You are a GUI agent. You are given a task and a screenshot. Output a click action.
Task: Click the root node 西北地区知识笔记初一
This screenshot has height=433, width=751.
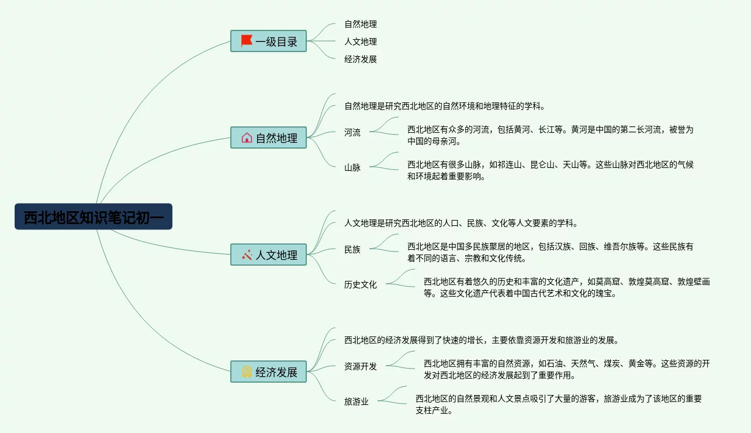click(94, 216)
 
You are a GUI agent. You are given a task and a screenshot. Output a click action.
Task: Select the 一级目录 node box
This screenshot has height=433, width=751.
click(269, 42)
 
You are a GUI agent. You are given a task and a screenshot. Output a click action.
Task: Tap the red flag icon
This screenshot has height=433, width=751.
click(247, 41)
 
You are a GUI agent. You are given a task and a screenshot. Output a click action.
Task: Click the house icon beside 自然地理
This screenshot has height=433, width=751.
click(247, 138)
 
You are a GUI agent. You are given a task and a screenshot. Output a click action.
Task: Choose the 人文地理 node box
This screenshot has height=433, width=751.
click(269, 255)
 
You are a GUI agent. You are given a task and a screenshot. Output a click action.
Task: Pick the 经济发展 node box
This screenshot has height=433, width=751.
click(269, 372)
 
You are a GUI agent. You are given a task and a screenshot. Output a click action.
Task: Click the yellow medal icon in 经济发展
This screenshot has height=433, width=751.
click(247, 372)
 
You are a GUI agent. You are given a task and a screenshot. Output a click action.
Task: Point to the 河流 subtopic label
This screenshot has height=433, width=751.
click(352, 132)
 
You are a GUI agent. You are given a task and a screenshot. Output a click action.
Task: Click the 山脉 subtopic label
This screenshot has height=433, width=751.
click(352, 167)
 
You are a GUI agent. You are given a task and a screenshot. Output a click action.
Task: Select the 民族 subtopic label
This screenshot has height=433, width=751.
click(352, 249)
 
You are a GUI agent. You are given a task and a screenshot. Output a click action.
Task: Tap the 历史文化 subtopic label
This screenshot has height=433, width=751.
click(361, 284)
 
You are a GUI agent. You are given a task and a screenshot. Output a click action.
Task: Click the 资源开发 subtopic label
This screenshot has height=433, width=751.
click(361, 366)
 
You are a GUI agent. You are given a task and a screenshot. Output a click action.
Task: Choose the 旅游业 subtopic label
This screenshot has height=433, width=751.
click(357, 401)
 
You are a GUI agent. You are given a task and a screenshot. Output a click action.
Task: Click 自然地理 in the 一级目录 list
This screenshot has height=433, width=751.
click(361, 24)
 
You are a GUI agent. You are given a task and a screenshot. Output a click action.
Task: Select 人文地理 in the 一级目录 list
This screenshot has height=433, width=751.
click(361, 42)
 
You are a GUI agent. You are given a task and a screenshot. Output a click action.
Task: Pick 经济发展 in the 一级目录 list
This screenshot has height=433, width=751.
click(361, 59)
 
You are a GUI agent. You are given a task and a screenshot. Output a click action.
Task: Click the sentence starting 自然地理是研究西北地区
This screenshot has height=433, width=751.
click(445, 106)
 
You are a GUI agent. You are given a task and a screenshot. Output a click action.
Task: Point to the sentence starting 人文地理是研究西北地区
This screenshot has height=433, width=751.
click(461, 223)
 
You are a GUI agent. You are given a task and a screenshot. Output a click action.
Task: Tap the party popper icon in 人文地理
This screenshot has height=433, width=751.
click(247, 255)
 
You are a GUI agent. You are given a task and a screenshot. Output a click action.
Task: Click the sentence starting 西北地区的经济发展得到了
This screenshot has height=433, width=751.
click(482, 340)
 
